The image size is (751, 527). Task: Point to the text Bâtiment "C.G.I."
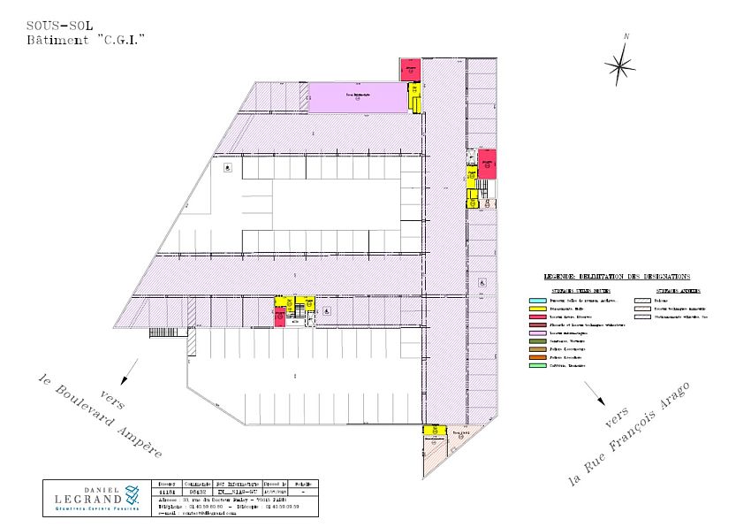click(86, 41)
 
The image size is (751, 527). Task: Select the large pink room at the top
click(357, 97)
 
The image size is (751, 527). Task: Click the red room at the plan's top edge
click(410, 68)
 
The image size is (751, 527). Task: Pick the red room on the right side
click(487, 164)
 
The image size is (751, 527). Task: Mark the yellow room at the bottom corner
click(433, 431)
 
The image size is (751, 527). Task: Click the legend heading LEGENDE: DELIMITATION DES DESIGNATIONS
click(617, 277)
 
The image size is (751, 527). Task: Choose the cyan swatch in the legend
click(535, 301)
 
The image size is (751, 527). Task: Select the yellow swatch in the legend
click(535, 309)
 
